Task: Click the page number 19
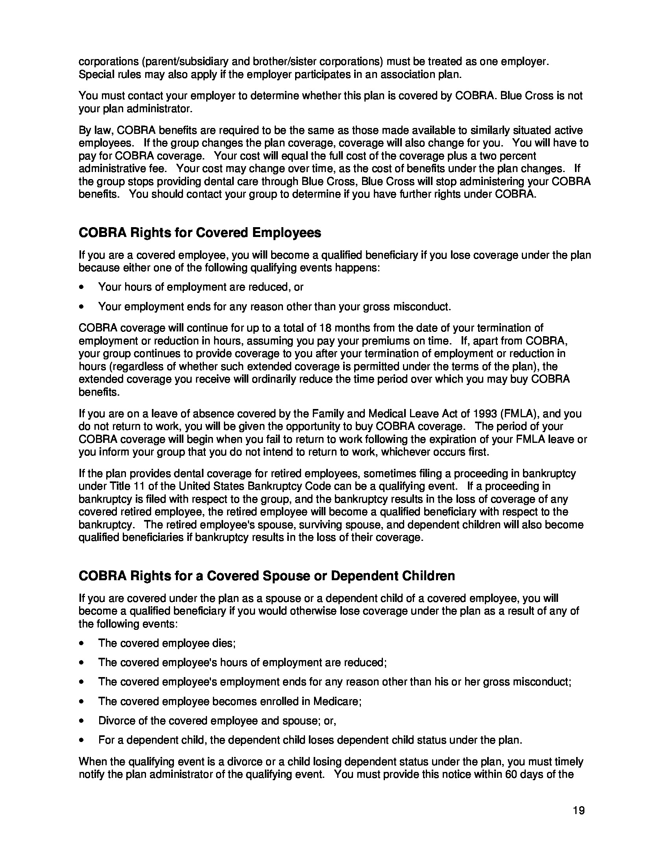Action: pos(578,810)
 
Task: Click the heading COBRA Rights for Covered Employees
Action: pos(200,233)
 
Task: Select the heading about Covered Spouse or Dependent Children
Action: pos(267,575)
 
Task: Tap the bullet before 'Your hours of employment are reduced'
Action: pos(81,287)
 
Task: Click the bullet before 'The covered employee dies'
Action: pos(81,643)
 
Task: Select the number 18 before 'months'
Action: pos(325,328)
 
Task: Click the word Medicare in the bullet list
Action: pos(337,701)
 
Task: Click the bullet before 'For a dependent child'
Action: pos(81,740)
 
